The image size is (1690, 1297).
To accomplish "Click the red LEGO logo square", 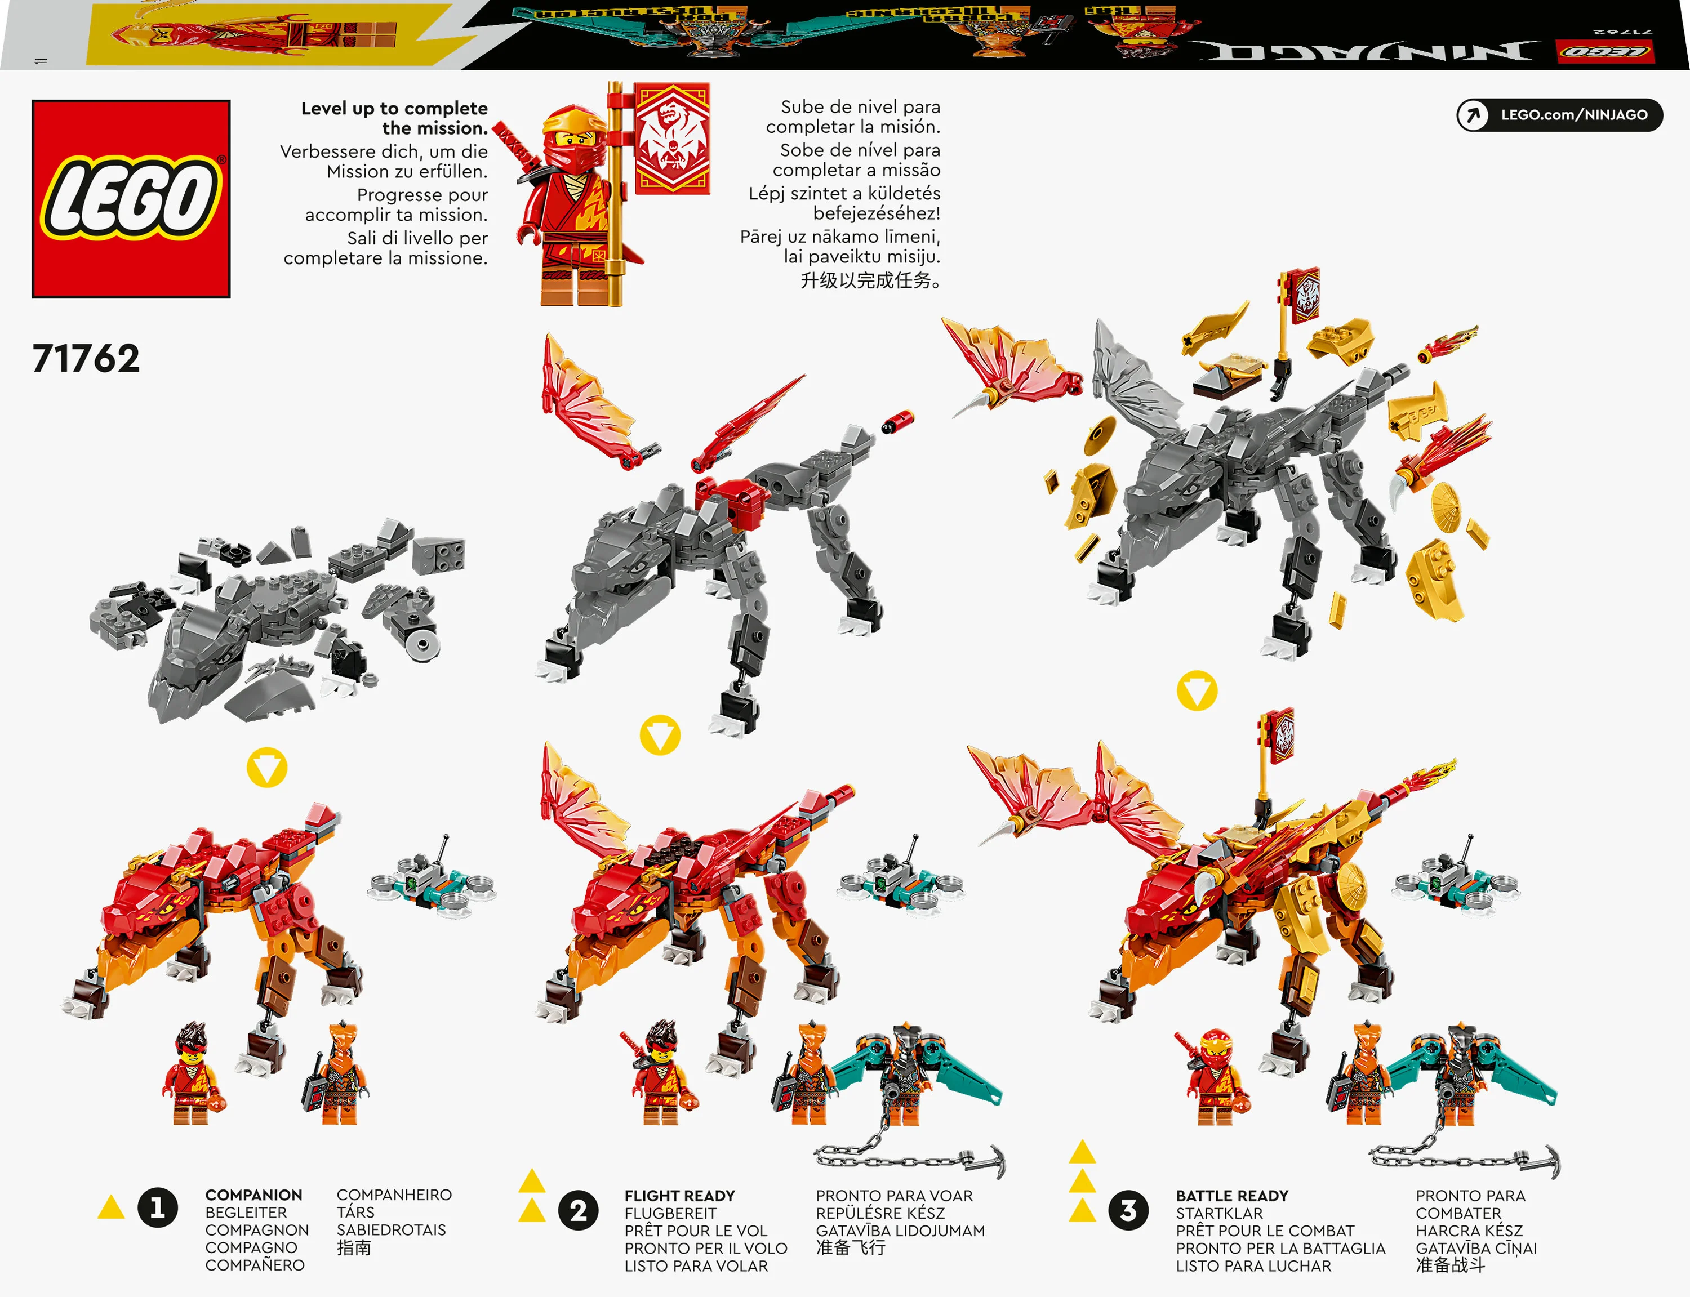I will pyautogui.click(x=131, y=198).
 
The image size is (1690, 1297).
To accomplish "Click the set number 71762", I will pyautogui.click(x=86, y=359).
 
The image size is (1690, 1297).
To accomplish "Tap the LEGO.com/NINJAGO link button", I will pyautogui.click(x=1559, y=115).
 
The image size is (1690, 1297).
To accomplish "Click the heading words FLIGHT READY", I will pyautogui.click(x=679, y=1195).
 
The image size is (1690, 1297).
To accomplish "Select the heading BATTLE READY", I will pyautogui.click(x=1231, y=1195).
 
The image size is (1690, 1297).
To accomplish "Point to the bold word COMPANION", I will pyautogui.click(x=253, y=1195).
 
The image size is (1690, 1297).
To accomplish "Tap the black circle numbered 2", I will pyautogui.click(x=577, y=1210).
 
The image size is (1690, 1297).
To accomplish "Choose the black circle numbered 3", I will pyautogui.click(x=1128, y=1210).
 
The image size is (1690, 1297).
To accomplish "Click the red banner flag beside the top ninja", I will pyautogui.click(x=671, y=139).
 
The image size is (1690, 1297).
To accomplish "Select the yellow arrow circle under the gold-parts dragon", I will pyautogui.click(x=1196, y=691).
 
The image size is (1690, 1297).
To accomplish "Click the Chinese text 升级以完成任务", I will pyautogui.click(x=870, y=280).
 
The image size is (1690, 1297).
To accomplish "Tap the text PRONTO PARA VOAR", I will pyautogui.click(x=893, y=1195).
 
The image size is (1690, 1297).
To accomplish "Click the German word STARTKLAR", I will pyautogui.click(x=1219, y=1213).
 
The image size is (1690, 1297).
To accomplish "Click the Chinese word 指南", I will pyautogui.click(x=354, y=1247).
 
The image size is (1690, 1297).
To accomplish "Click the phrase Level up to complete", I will pyautogui.click(x=394, y=108).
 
